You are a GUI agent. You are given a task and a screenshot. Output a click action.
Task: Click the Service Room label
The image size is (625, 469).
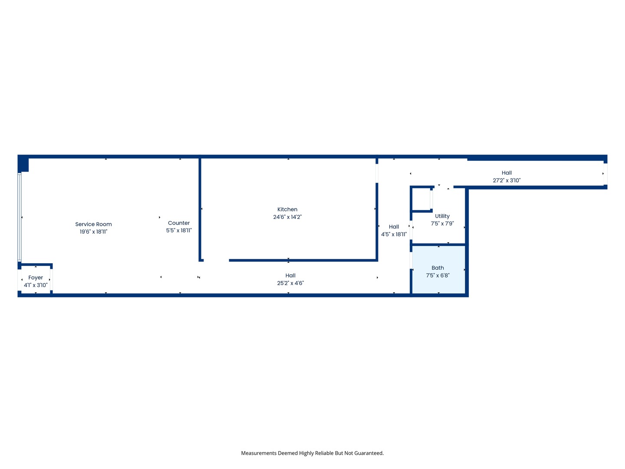[x=93, y=224]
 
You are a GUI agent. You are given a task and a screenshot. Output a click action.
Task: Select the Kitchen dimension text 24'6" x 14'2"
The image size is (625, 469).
[x=287, y=217]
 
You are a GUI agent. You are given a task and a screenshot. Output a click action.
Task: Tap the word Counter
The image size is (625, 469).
[x=179, y=223]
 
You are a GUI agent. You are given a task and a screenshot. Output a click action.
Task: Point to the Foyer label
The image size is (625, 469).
[x=36, y=277]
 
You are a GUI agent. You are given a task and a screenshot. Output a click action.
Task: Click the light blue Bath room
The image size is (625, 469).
[x=438, y=269]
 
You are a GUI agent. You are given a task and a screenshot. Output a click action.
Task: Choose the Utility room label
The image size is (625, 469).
[x=442, y=216]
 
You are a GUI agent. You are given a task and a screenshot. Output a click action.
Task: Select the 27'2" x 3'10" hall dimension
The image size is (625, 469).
[x=507, y=181]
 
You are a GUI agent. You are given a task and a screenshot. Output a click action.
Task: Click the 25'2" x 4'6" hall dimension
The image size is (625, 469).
[x=290, y=283]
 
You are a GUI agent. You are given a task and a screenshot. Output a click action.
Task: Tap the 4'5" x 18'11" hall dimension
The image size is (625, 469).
[x=394, y=234]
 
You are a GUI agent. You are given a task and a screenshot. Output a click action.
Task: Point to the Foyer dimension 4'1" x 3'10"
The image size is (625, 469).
[x=36, y=285]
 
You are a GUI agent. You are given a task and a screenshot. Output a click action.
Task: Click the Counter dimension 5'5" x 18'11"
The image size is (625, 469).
[x=179, y=230]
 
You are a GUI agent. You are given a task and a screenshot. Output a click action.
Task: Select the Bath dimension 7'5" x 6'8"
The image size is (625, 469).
[x=437, y=275]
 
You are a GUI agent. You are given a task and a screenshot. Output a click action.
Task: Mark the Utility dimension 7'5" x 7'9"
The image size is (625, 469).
[x=442, y=224]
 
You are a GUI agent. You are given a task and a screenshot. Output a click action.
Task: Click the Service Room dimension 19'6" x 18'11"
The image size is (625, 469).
[x=93, y=232]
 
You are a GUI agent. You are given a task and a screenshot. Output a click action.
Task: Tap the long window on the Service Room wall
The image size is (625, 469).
[x=20, y=217]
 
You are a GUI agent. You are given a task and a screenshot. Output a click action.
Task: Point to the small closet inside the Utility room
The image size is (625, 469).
[x=421, y=199]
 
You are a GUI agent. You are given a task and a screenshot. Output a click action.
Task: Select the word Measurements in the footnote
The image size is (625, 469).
[x=259, y=453]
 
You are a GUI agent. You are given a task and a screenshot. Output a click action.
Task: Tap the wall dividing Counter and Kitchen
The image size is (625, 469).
[x=200, y=209]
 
